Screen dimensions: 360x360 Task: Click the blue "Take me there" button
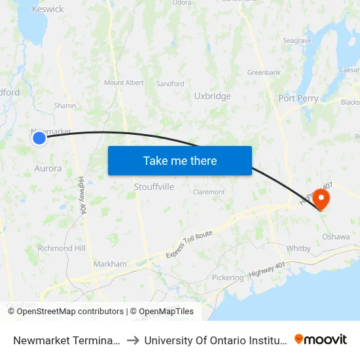[x=179, y=160]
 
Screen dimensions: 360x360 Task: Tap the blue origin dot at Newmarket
[x=39, y=137]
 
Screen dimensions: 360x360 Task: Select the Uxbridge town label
[x=212, y=96]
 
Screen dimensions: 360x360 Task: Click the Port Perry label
[x=298, y=98]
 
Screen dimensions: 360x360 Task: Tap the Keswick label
[x=48, y=9]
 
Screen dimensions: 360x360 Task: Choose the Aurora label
[x=48, y=168]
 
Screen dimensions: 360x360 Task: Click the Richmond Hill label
[x=62, y=248]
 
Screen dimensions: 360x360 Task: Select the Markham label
[x=110, y=264]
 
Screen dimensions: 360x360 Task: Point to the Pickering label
[x=227, y=278]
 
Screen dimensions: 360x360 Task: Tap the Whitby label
[x=298, y=248]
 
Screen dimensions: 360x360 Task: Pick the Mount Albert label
[x=124, y=82]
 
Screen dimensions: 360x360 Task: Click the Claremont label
[x=209, y=192]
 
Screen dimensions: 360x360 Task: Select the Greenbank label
[x=263, y=72]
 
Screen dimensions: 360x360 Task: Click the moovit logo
[x=321, y=339]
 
